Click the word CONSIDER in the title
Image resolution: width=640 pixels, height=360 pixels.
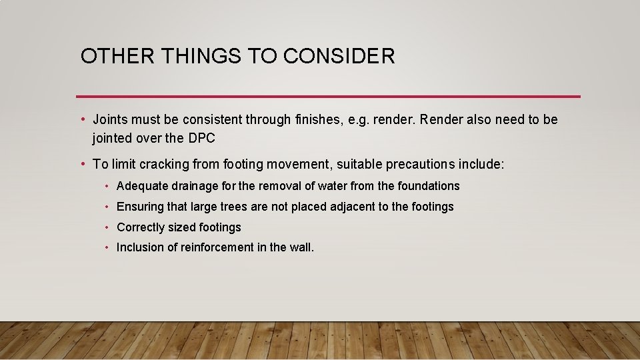tap(339, 56)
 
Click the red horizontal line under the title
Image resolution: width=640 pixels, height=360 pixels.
tap(328, 97)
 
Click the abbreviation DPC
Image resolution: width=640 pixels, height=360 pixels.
tap(202, 139)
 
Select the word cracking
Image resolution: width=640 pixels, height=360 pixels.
tap(164, 164)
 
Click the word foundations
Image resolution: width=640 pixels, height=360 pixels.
tap(429, 186)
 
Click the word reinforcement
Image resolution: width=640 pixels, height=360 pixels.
tap(217, 247)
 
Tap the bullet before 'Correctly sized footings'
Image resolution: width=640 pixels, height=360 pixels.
tap(107, 227)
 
